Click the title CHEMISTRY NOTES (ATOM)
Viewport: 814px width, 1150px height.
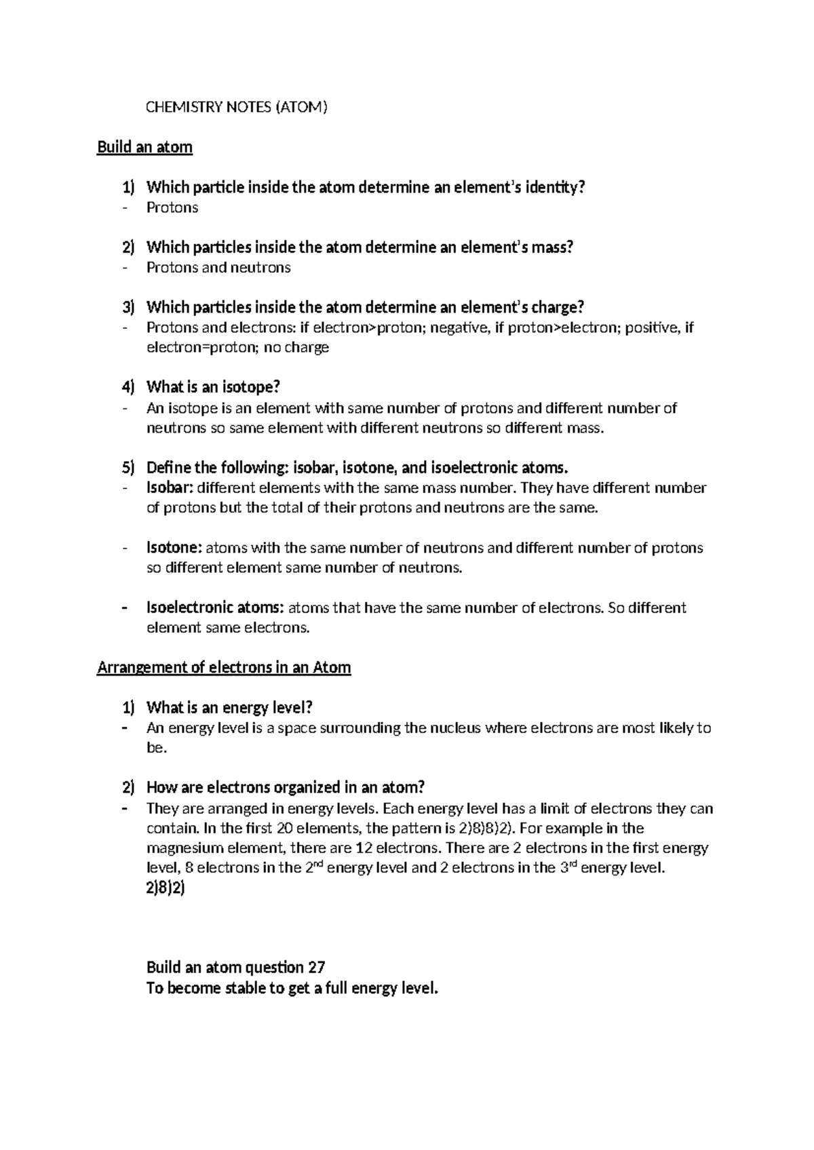237,107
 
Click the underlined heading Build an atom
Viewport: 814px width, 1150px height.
144,147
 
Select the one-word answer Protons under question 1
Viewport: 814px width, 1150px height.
172,207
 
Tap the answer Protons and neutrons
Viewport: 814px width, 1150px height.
218,267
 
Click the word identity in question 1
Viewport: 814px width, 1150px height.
556,187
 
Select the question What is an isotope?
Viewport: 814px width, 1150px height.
213,387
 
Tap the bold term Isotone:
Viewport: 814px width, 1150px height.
174,548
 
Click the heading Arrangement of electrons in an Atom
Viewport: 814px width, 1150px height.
224,667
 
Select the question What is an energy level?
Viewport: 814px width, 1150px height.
229,707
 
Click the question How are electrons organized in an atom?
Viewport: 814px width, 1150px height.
285,787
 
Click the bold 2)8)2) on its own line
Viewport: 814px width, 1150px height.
166,888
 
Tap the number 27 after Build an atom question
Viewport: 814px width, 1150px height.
317,968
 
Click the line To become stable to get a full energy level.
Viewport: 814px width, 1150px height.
292,988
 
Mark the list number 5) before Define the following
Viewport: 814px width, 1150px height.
129,467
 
